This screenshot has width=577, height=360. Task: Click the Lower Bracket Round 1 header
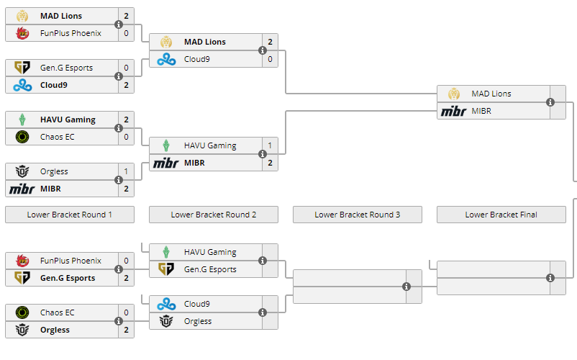click(70, 215)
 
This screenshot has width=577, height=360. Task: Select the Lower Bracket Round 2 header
click(214, 215)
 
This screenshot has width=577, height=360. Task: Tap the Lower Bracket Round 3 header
click(358, 215)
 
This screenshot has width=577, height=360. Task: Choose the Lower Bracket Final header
click(501, 215)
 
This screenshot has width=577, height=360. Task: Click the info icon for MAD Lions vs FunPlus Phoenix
click(119, 24)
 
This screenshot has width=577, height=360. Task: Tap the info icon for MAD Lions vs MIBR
click(550, 102)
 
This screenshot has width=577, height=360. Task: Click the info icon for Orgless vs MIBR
click(119, 180)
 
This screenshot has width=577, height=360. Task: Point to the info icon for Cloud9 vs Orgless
click(263, 312)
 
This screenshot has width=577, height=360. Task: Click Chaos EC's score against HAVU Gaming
click(126, 137)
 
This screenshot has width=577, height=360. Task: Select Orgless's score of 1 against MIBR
click(126, 171)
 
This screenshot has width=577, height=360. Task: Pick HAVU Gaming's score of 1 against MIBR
click(270, 145)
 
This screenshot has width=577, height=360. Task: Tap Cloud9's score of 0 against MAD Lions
click(270, 59)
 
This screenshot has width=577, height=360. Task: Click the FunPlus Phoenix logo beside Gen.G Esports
click(22, 261)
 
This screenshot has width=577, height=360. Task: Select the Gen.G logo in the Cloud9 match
click(22, 68)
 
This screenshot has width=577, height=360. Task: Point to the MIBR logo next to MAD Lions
click(454, 111)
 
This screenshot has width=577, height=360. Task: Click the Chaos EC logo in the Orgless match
click(22, 312)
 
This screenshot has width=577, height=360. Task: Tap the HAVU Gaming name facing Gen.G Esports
click(210, 252)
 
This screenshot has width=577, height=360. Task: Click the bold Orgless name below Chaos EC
click(55, 330)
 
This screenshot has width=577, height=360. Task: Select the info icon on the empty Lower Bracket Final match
click(550, 278)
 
